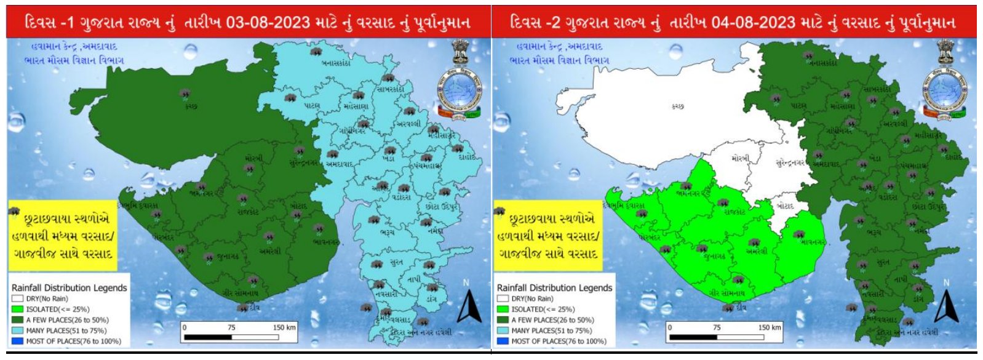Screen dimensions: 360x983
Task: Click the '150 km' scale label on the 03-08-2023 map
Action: [284, 327]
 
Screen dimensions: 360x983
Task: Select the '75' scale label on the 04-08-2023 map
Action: [717, 327]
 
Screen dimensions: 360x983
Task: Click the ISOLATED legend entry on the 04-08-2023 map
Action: [538, 310]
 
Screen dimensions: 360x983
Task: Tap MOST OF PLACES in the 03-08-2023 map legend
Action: [66, 341]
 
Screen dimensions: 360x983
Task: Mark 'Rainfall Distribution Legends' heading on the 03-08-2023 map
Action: [70, 288]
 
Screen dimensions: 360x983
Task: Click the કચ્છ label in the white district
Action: [678, 106]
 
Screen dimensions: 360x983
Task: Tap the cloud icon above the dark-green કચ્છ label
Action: [185, 94]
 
